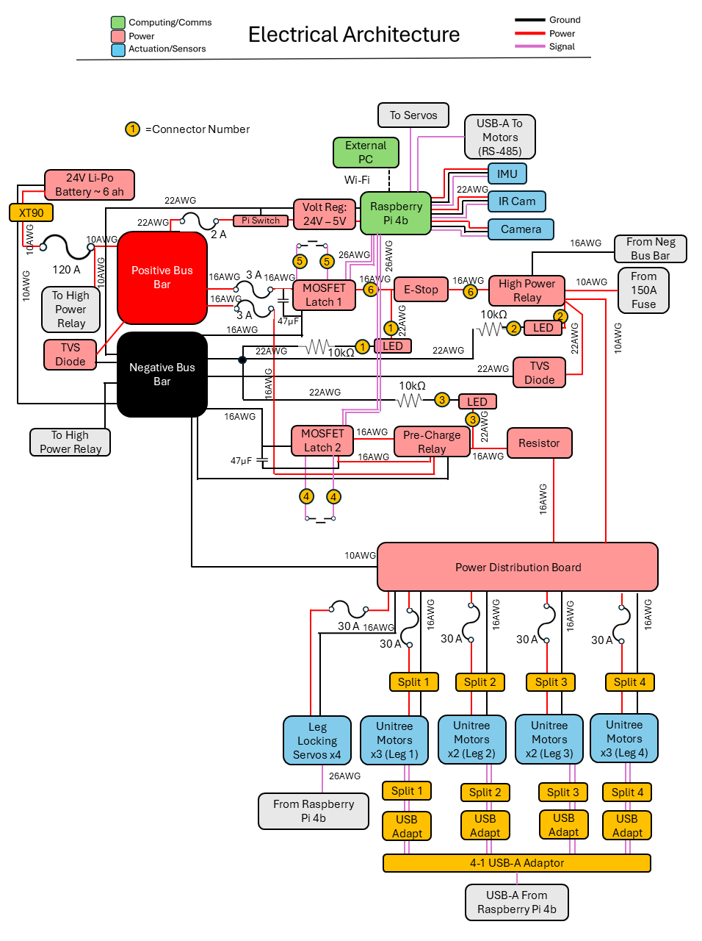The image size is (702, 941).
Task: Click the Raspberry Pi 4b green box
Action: pyautogui.click(x=396, y=214)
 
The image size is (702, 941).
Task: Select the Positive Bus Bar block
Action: pyautogui.click(x=162, y=278)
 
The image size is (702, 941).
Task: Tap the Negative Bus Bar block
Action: pyautogui.click(x=162, y=374)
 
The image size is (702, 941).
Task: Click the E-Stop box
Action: pyautogui.click(x=421, y=290)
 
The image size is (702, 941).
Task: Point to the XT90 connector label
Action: pyautogui.click(x=31, y=213)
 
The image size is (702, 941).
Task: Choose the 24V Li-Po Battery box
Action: pyautogui.click(x=90, y=185)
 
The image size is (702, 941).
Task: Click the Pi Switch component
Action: pyautogui.click(x=261, y=221)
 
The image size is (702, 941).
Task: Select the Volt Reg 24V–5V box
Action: pyautogui.click(x=325, y=214)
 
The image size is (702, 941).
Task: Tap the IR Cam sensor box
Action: pyautogui.click(x=517, y=201)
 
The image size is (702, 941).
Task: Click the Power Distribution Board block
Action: pyautogui.click(x=518, y=567)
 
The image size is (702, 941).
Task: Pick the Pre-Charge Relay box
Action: pyautogui.click(x=432, y=442)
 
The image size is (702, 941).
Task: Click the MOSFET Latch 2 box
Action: pyautogui.click(x=322, y=440)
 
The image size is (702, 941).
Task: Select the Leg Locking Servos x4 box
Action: pyautogui.click(x=317, y=741)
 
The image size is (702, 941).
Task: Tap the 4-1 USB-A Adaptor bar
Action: pyautogui.click(x=517, y=863)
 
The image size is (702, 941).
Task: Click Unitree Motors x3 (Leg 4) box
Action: pyautogui.click(x=624, y=738)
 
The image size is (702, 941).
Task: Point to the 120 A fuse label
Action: pyautogui.click(x=66, y=270)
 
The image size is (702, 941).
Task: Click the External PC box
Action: pyautogui.click(x=366, y=152)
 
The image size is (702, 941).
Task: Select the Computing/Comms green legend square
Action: pyautogui.click(x=118, y=23)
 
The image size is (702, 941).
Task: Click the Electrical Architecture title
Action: pyautogui.click(x=354, y=35)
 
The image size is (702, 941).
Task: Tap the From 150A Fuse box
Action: pyautogui.click(x=643, y=290)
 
